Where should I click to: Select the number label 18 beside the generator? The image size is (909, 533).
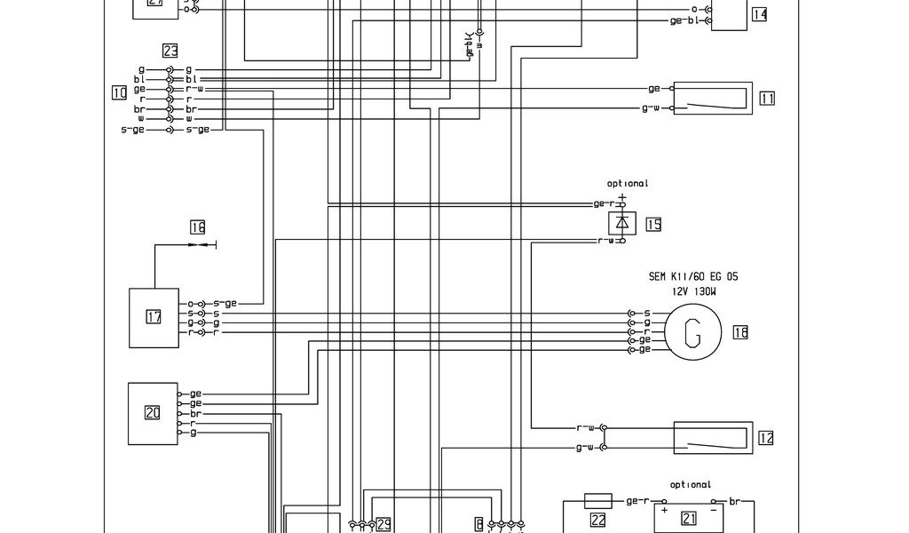[x=740, y=332]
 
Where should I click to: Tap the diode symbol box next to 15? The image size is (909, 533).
[x=622, y=222]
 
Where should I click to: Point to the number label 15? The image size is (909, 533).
[x=653, y=224]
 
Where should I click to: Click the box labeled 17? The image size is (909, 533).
[x=154, y=317]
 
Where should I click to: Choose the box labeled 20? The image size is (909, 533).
[x=153, y=412]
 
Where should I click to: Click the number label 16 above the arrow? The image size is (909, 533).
[x=197, y=227]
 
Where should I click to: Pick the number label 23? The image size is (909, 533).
[x=170, y=51]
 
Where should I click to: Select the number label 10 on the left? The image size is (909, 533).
[x=119, y=91]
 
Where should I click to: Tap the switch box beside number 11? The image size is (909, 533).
[x=713, y=98]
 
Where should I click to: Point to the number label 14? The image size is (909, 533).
[x=759, y=14]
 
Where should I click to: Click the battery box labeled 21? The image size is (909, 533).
[x=689, y=517]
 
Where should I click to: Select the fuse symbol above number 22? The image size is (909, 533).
[x=597, y=501]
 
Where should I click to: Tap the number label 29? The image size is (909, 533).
[x=383, y=524]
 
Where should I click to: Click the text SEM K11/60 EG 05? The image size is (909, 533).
[x=692, y=276]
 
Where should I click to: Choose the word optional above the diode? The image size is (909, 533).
[x=628, y=184]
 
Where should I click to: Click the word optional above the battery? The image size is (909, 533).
[x=691, y=485]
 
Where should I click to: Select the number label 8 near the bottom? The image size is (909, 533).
[x=479, y=524]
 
